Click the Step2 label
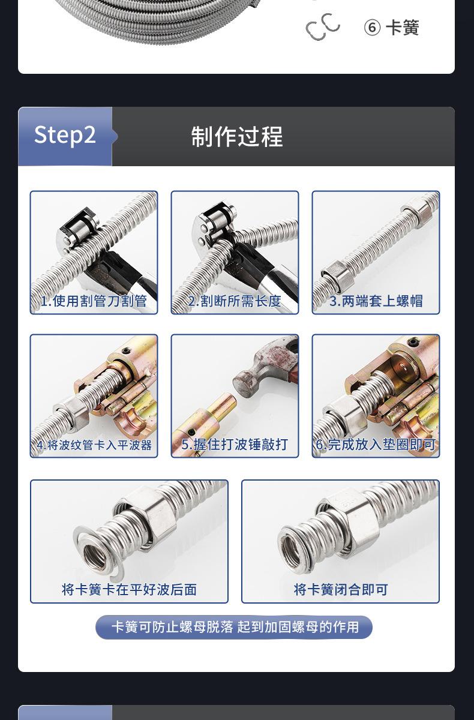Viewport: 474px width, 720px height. click(x=65, y=135)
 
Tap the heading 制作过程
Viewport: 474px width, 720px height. click(x=237, y=137)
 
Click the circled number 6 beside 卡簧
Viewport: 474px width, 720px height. click(x=372, y=28)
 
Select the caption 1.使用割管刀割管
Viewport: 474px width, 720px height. click(x=94, y=301)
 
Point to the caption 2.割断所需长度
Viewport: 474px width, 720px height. click(x=235, y=301)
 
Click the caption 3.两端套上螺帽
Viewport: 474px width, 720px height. click(x=376, y=301)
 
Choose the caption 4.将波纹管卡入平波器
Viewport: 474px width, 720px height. click(x=94, y=445)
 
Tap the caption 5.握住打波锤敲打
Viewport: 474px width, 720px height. click(x=235, y=445)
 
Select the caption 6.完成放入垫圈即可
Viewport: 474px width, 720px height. click(x=376, y=445)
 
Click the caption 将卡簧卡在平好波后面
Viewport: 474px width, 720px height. click(x=129, y=589)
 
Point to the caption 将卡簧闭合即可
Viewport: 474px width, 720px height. click(x=341, y=589)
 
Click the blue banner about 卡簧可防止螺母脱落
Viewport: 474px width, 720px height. click(x=234, y=627)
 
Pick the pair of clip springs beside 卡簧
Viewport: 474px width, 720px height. click(x=322, y=26)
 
